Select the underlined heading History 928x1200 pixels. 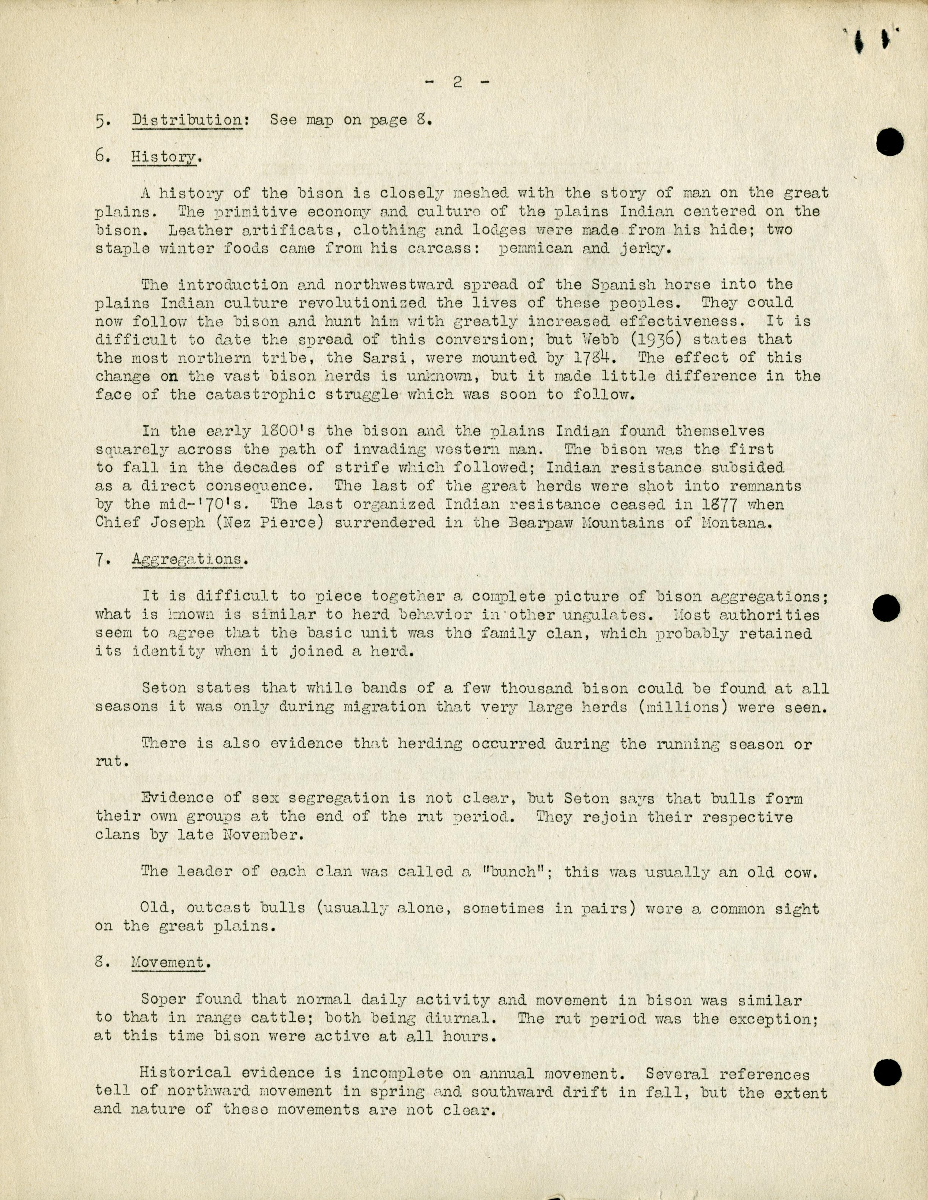(164, 157)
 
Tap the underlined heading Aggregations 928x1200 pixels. (186, 559)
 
